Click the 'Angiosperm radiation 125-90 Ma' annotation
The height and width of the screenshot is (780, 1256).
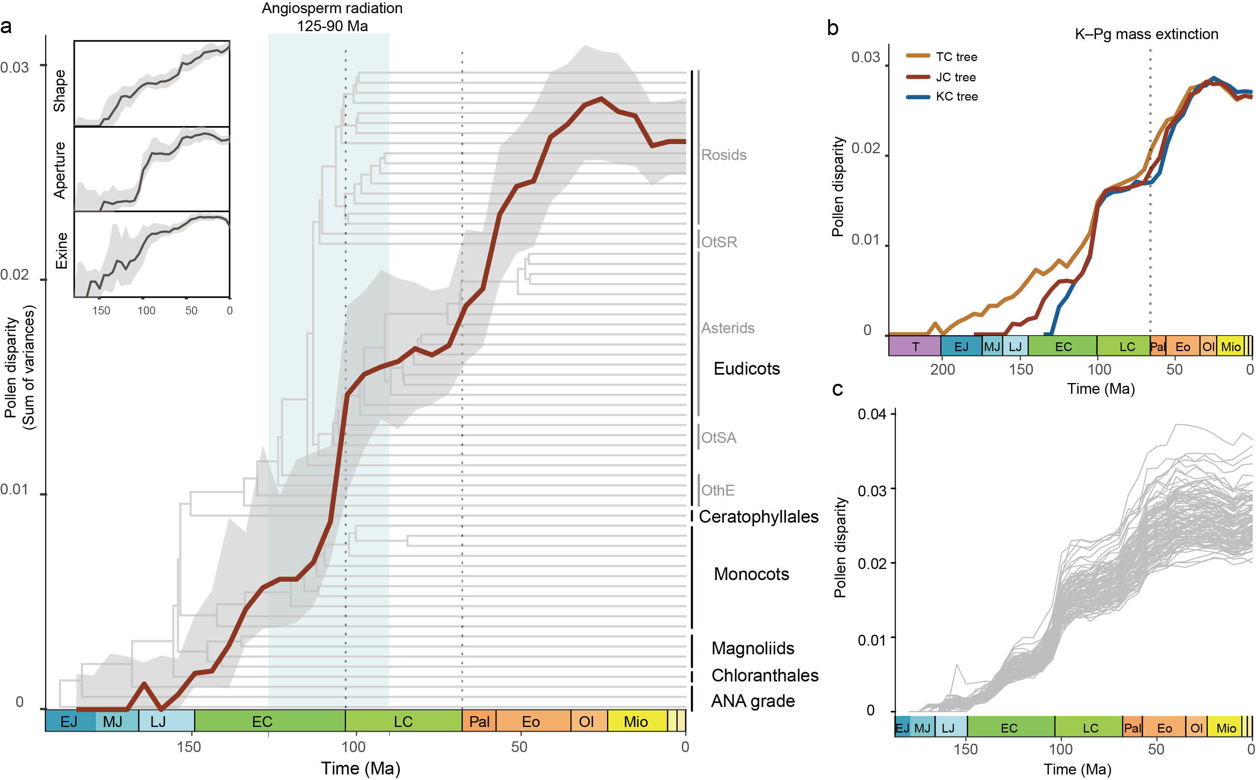(x=332, y=17)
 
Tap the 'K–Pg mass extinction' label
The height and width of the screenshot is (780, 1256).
(x=1146, y=34)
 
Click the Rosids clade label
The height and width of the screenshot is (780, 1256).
(x=723, y=155)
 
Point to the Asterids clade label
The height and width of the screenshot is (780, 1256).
(x=727, y=328)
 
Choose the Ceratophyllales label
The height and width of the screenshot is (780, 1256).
(x=758, y=516)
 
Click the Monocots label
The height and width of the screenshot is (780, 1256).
(x=751, y=574)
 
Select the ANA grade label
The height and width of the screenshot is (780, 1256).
(x=753, y=701)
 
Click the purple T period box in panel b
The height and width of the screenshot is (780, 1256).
(x=915, y=347)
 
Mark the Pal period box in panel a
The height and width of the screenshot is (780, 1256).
(x=479, y=721)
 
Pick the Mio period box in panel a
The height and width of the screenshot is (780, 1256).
(x=635, y=721)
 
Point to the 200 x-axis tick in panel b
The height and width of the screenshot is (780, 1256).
(x=942, y=369)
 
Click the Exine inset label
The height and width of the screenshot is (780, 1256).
(x=61, y=251)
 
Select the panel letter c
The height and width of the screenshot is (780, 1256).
(x=837, y=389)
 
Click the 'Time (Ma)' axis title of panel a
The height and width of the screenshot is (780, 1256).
(x=360, y=768)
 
